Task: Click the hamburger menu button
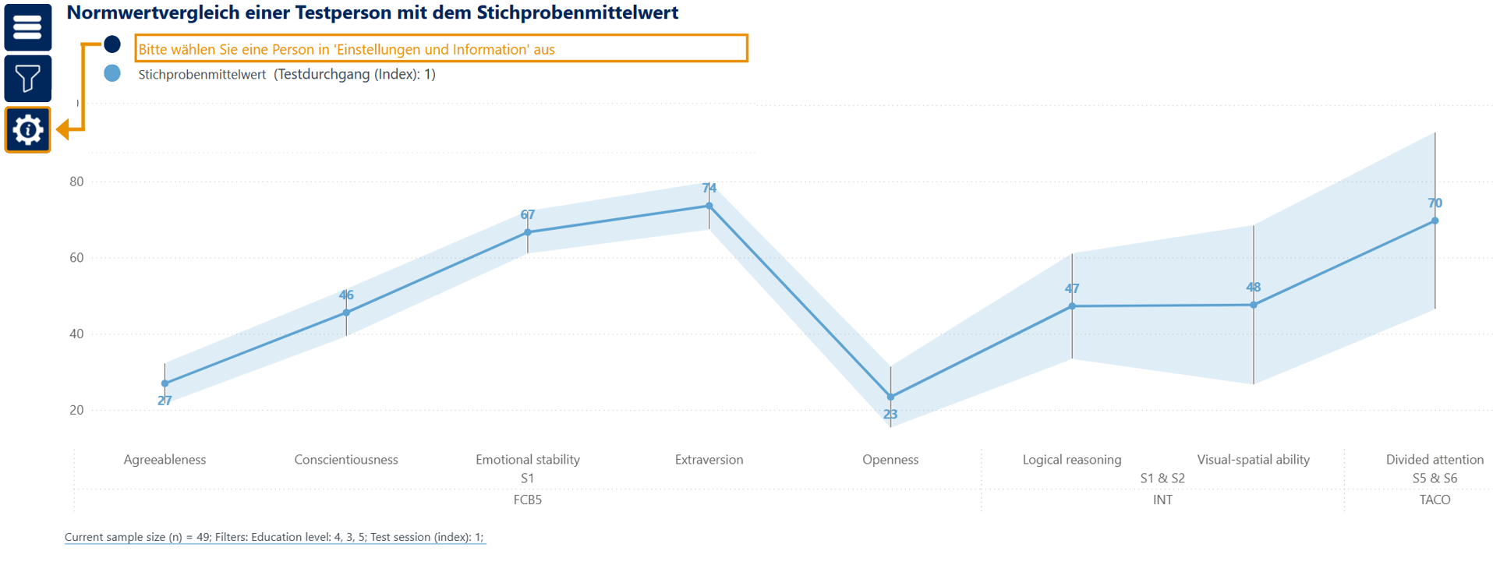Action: [28, 27]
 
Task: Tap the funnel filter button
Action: [28, 78]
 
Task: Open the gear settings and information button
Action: [28, 129]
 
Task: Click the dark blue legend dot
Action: [112, 44]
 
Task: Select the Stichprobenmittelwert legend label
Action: [202, 75]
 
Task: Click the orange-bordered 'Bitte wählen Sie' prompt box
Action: [441, 48]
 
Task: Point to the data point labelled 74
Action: [709, 206]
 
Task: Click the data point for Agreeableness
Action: [165, 383]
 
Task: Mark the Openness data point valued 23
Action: [890, 397]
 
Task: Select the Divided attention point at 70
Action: [1435, 221]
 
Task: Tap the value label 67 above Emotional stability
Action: [528, 215]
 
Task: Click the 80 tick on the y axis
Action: [76, 182]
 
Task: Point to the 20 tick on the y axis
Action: [76, 410]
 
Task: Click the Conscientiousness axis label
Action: [346, 460]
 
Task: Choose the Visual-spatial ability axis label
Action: [1253, 460]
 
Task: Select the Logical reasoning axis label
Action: [1072, 460]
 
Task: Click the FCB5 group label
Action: [528, 500]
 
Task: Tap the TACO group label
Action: [1435, 500]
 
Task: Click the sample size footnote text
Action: [274, 537]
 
